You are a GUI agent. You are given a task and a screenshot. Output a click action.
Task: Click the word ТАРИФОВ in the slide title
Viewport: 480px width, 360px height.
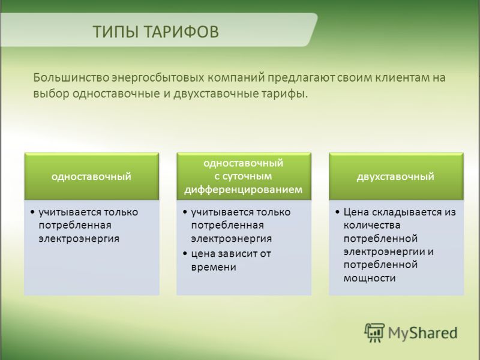coord(181,32)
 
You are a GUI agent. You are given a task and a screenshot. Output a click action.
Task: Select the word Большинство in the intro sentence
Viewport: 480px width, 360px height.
coord(71,78)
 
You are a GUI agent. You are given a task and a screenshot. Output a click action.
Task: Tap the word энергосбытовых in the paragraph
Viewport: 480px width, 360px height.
coord(158,79)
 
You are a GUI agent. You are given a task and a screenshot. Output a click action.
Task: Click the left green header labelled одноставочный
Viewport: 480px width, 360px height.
coord(92,176)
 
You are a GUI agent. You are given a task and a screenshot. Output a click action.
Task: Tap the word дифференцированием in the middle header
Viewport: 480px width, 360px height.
coord(244,190)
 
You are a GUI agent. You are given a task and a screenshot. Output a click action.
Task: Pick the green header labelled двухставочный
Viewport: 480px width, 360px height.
coord(396,176)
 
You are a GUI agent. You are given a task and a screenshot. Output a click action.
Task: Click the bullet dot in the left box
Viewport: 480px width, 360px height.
coord(32,212)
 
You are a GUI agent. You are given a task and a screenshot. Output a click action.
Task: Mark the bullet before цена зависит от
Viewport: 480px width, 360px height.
coord(185,254)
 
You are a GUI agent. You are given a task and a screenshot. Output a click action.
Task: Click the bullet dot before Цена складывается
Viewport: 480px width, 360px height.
coord(337,212)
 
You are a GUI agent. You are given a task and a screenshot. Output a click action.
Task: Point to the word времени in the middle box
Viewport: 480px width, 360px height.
coord(214,267)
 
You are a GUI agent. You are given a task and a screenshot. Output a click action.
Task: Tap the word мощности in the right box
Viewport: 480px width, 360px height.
coord(370,278)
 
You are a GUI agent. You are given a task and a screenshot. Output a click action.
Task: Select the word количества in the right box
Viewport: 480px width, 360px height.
coord(372,226)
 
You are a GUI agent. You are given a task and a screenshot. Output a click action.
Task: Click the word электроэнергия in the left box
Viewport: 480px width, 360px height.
coord(79,239)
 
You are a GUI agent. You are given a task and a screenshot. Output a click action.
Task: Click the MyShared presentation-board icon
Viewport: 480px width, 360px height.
coord(374,332)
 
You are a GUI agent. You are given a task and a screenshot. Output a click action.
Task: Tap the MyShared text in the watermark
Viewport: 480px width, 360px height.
coord(423,333)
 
